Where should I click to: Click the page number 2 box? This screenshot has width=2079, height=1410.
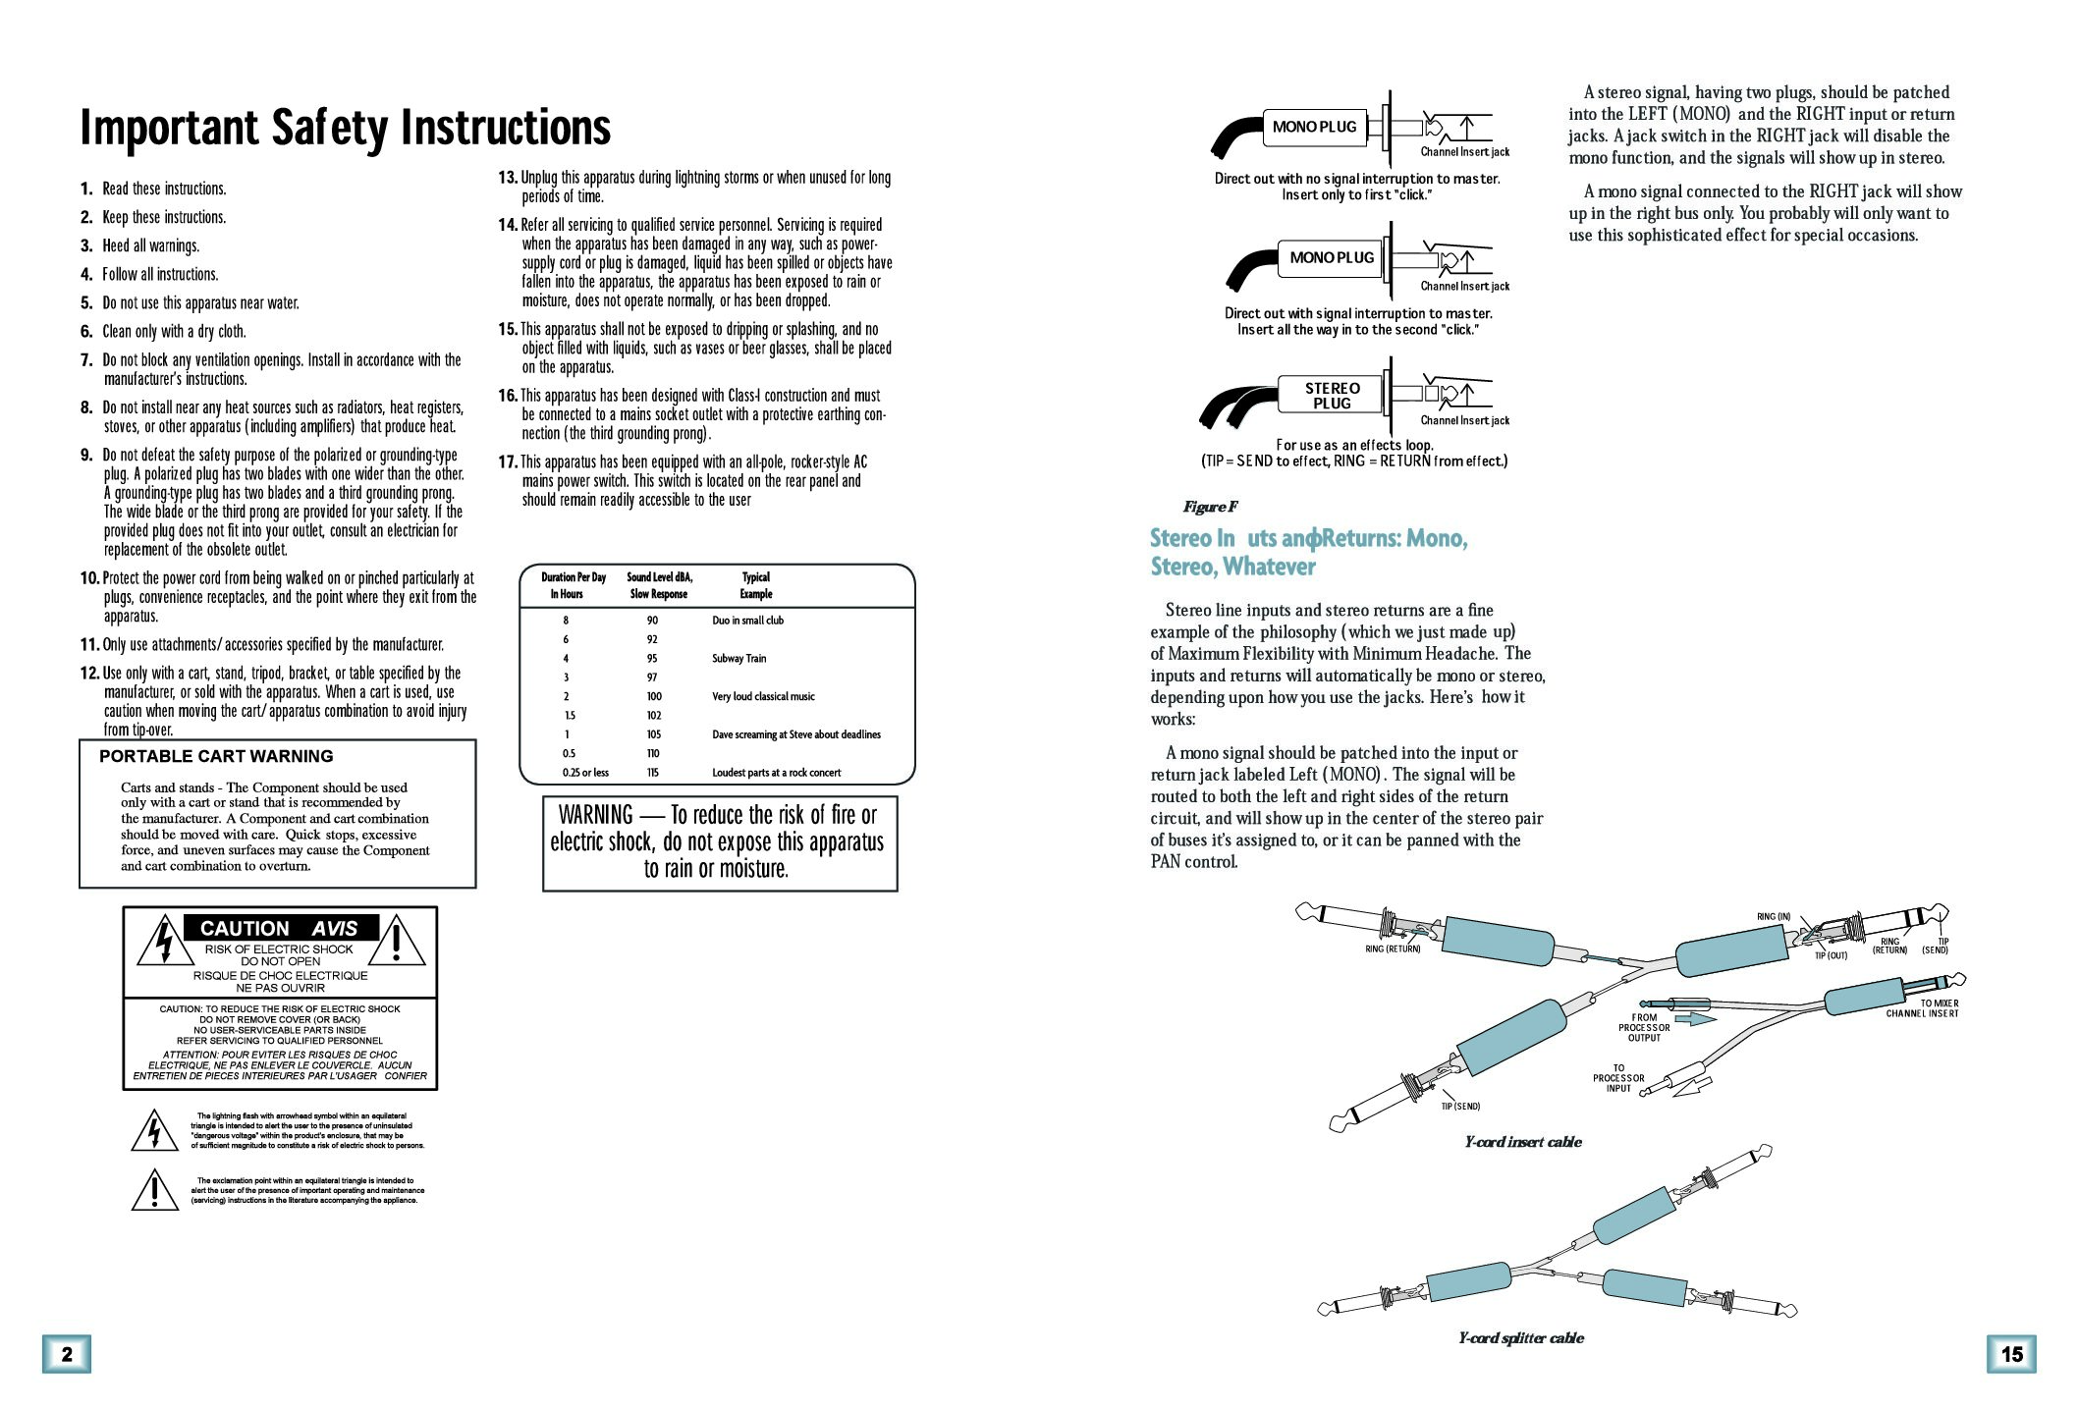tap(67, 1354)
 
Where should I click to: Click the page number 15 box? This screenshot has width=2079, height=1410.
tap(2011, 1354)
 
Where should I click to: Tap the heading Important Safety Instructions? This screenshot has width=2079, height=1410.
tap(345, 127)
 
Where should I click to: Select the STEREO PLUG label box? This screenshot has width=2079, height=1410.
tap(1332, 396)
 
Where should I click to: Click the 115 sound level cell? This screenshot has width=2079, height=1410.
tap(653, 773)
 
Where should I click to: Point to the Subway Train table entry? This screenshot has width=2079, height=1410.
tap(739, 659)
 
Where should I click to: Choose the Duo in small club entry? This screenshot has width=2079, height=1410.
tap(748, 621)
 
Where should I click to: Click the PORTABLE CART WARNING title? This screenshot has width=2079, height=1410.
tap(216, 756)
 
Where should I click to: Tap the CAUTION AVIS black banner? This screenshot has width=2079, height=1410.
tap(281, 928)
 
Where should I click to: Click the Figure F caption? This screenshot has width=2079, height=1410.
tap(1210, 507)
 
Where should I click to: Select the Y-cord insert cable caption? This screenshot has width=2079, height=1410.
tap(1523, 1142)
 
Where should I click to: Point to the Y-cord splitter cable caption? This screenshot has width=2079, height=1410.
tap(1521, 1338)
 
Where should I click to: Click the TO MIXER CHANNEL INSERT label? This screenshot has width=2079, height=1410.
tap(1923, 1008)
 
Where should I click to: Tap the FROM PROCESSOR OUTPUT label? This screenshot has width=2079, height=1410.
tap(1644, 1028)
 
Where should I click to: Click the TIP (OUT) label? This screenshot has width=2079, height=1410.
tap(1831, 955)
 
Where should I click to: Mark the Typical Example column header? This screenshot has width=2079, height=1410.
tap(756, 585)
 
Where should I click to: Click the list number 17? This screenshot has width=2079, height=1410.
tap(508, 461)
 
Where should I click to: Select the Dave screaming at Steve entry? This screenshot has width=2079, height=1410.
tap(796, 734)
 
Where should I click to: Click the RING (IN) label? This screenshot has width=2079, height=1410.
tap(1774, 917)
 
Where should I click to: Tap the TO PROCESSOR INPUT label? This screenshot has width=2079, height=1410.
tap(1618, 1078)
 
